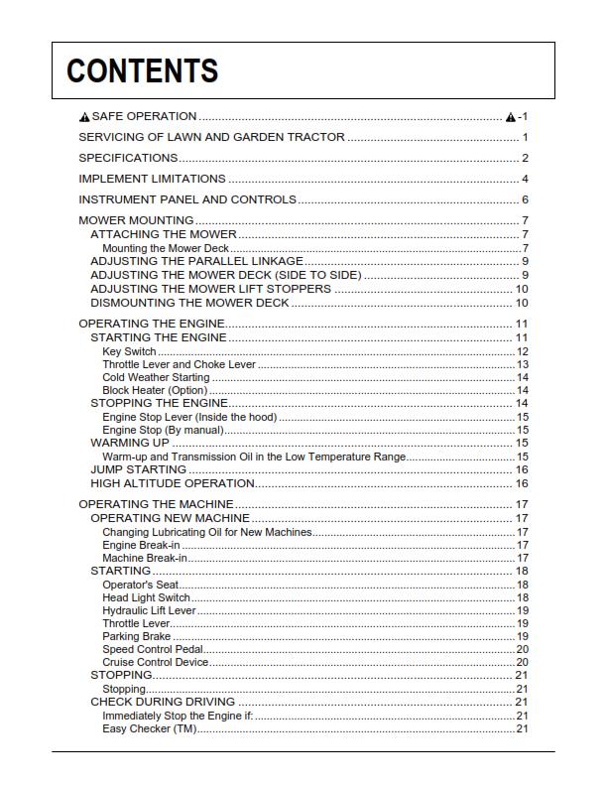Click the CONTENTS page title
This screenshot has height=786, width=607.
point(142,71)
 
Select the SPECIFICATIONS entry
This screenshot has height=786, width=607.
point(128,158)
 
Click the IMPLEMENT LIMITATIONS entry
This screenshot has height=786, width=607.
point(152,179)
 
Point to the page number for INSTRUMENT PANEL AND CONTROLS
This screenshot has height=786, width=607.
point(525,199)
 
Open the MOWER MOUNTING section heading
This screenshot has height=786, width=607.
point(136,220)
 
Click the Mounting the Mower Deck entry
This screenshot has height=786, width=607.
point(165,248)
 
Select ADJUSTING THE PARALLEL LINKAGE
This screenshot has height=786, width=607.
point(196,261)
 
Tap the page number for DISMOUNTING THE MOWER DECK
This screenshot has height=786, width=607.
point(522,303)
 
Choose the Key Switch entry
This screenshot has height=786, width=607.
point(129,351)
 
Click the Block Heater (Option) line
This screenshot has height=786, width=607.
point(155,390)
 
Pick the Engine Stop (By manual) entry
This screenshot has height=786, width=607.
point(162,430)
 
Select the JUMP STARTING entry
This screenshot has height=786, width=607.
point(138,469)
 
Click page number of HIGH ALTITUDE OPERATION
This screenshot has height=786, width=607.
point(522,483)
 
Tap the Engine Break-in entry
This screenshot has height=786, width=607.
point(142,545)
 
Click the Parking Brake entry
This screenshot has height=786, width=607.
point(136,636)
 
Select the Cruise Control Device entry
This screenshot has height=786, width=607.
point(155,662)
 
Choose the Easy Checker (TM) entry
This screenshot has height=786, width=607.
point(149,728)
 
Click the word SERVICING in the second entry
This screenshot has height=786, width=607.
point(112,137)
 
